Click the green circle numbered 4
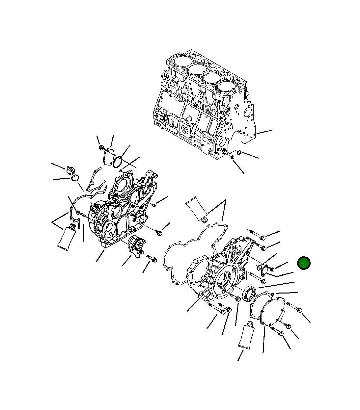[x=303, y=263]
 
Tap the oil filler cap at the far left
[x=70, y=170]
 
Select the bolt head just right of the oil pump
[x=154, y=260]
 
